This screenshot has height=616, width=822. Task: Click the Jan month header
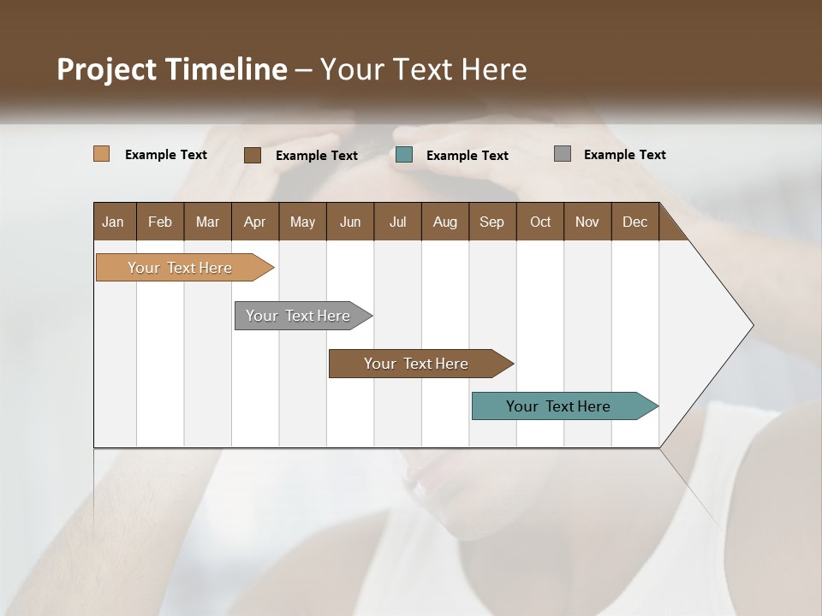coord(113,222)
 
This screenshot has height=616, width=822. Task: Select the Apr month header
coord(254,222)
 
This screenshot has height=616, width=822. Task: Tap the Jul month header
coord(397,222)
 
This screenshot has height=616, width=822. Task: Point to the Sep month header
coord(491,222)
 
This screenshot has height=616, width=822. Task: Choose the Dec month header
coord(634,222)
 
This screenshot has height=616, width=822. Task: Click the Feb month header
coord(160,222)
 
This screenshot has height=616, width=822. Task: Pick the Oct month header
coord(539,222)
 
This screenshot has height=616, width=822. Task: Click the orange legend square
coord(101,154)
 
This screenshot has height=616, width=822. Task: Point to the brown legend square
coord(252,155)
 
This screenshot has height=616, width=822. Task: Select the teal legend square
coord(404,154)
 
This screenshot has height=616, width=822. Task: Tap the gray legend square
coord(562,153)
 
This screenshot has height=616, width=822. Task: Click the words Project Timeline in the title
coord(171,68)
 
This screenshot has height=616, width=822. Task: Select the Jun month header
coord(349,222)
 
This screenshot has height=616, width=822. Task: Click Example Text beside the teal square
coord(467,155)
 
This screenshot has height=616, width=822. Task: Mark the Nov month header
coord(587,222)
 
